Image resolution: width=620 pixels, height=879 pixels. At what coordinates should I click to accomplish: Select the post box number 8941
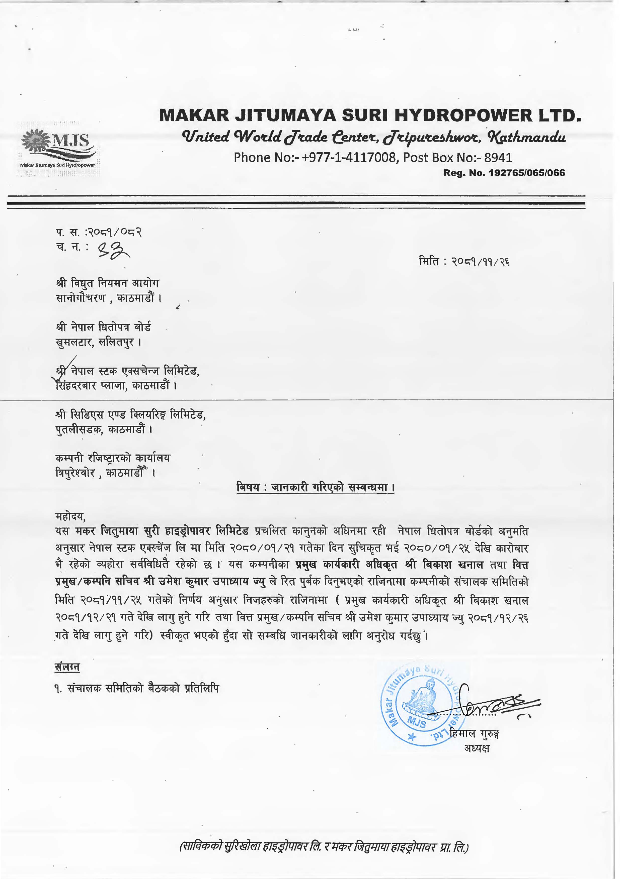[498, 157]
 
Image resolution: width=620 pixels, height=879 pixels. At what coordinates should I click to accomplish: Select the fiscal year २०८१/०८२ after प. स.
[115, 232]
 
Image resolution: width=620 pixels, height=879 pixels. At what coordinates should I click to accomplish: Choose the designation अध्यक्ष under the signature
[477, 748]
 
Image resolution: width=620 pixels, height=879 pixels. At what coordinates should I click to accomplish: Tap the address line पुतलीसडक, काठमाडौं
[104, 429]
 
